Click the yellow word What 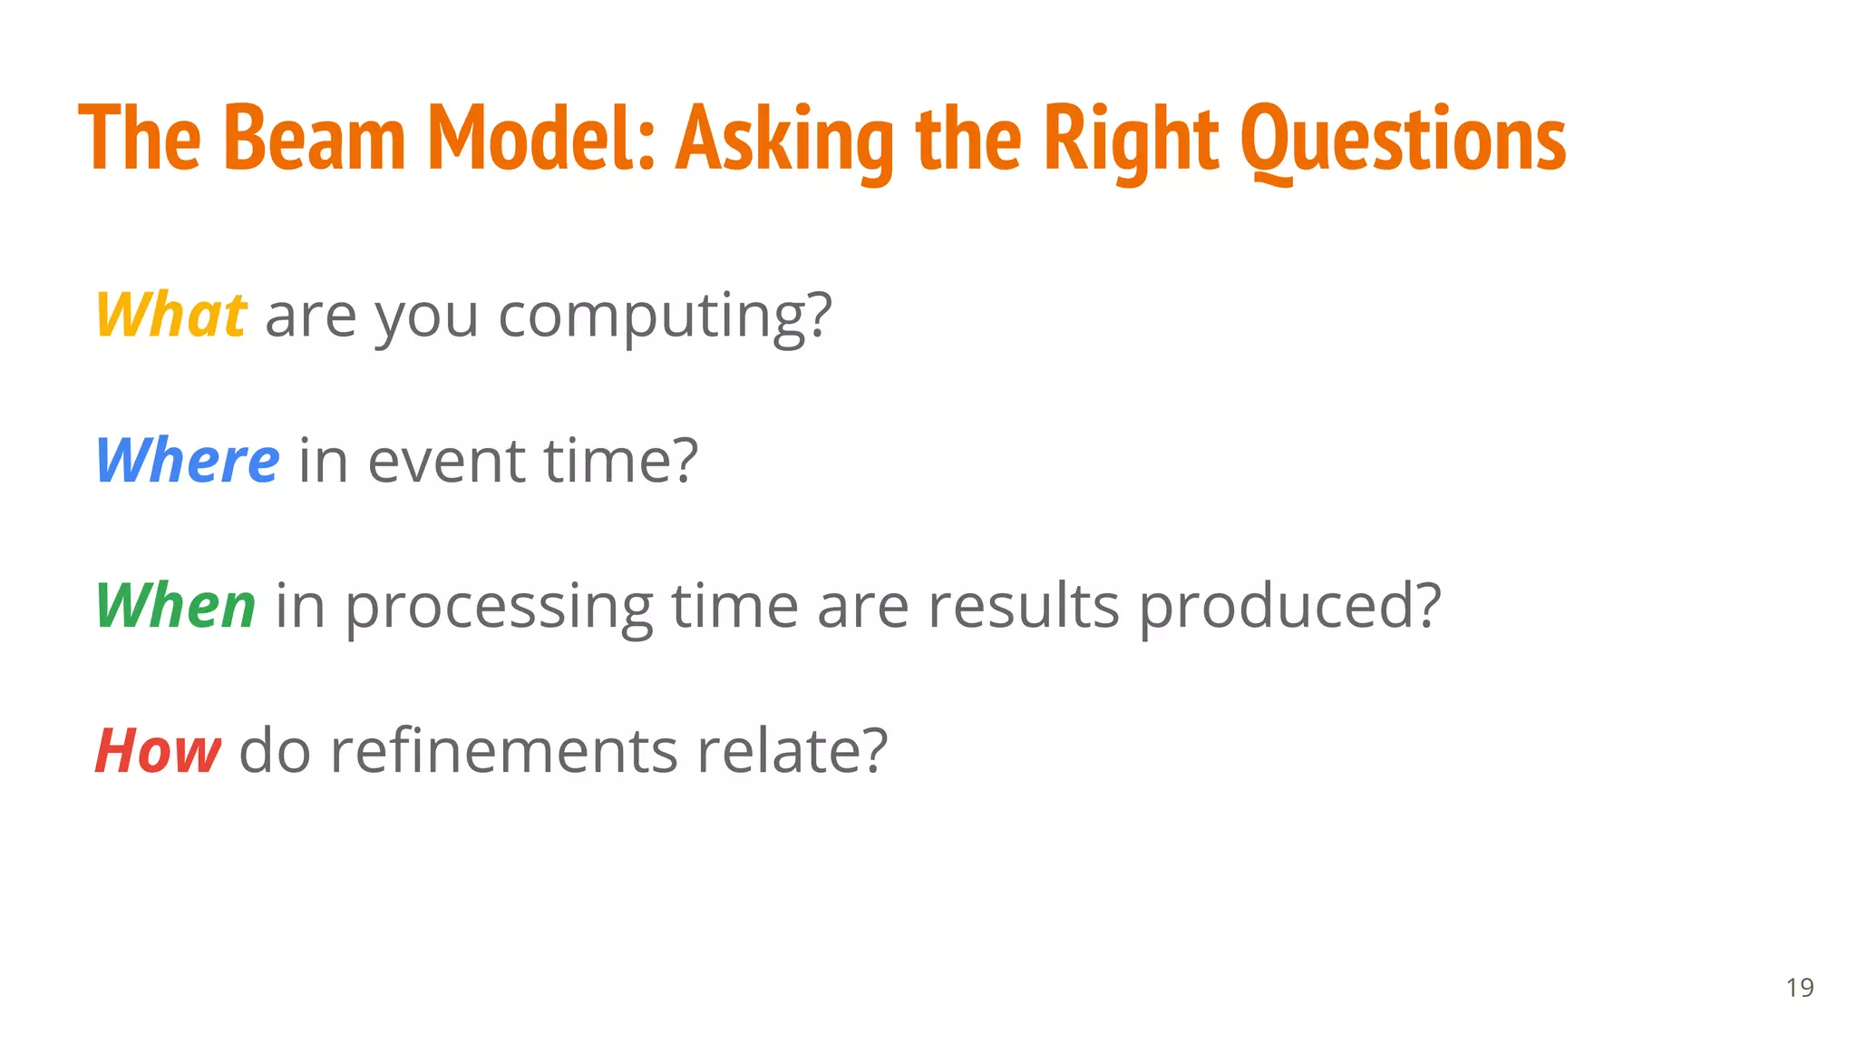(170, 315)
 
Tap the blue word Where (188, 460)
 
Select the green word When (176, 605)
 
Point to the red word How (158, 750)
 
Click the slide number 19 (1799, 987)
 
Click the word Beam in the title (314, 138)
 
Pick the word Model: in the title (541, 138)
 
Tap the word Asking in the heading (785, 138)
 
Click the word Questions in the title (1403, 138)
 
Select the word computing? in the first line (665, 315)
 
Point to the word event (446, 460)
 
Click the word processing (499, 605)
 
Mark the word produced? (1289, 605)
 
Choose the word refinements (503, 750)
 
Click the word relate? (792, 750)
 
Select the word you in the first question (426, 315)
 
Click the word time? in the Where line (621, 460)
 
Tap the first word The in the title (140, 138)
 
